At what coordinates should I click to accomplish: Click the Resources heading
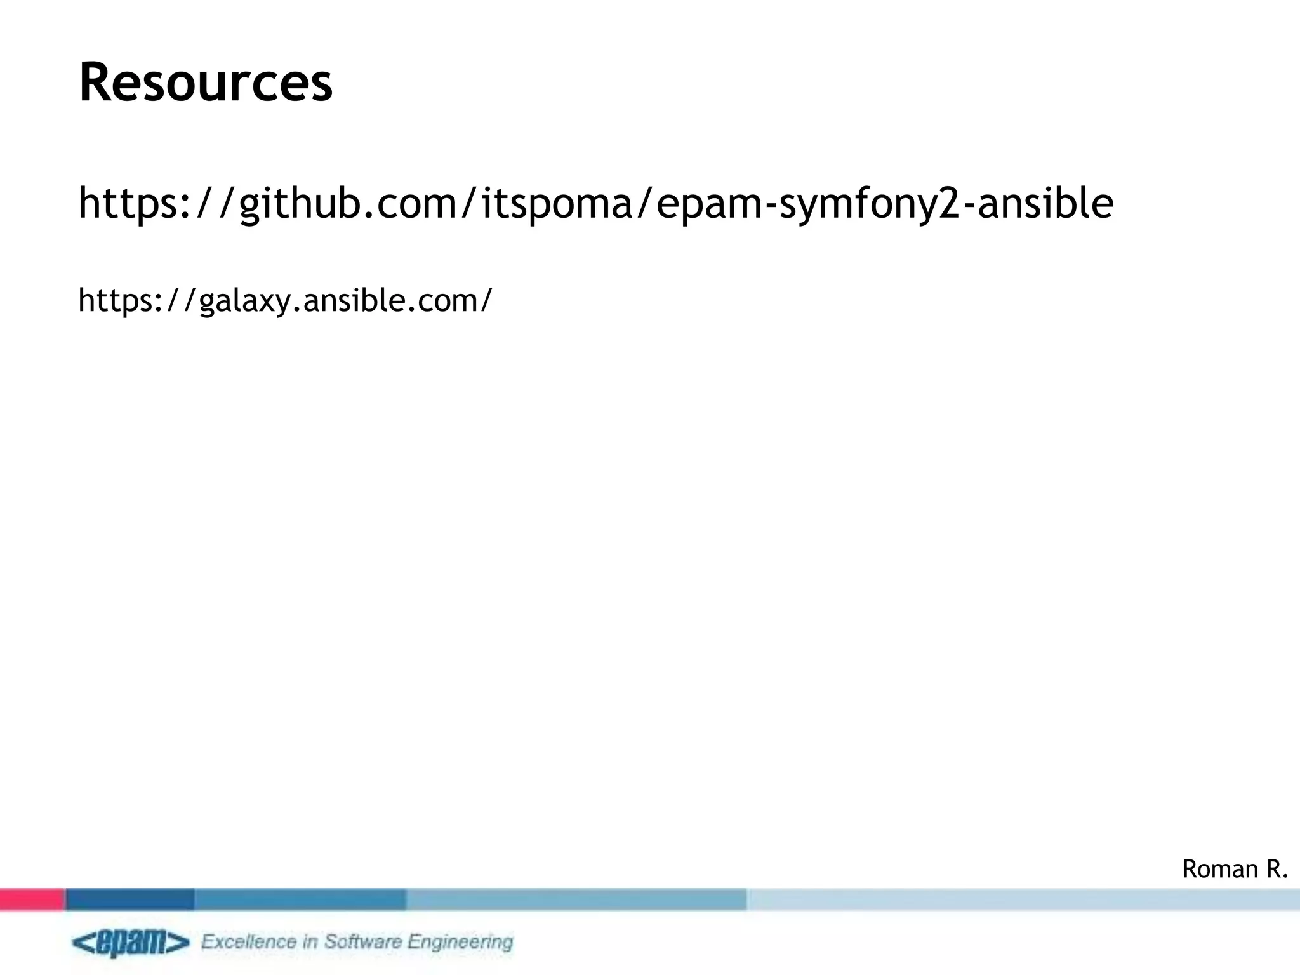click(x=205, y=83)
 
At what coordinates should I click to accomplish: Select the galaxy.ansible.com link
click(x=285, y=300)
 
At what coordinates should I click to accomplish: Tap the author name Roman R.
click(x=1235, y=869)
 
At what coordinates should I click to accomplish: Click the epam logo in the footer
click(x=130, y=943)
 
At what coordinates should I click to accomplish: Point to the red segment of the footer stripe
click(x=32, y=899)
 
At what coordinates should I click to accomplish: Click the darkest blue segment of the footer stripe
click(x=129, y=899)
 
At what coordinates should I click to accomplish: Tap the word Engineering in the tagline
click(x=460, y=942)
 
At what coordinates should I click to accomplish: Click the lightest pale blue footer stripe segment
click(x=1023, y=899)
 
